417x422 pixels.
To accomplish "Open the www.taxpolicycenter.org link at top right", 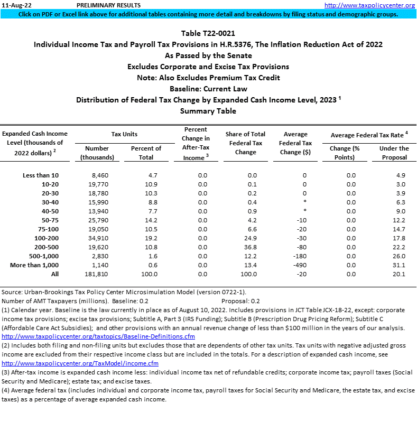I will tap(369, 5).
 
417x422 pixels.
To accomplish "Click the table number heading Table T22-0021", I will tap(208, 34).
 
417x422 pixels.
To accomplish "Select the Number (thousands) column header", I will tap(97, 153).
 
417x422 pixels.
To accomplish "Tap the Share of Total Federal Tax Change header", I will tap(245, 143).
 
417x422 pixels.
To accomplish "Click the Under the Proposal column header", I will tap(394, 153).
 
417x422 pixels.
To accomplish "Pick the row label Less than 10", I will tap(41, 175).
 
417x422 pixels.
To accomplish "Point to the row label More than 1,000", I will tap(34, 265).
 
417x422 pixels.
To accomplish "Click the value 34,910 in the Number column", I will tap(97, 238).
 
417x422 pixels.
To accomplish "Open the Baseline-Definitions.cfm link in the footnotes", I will tap(98, 336).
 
